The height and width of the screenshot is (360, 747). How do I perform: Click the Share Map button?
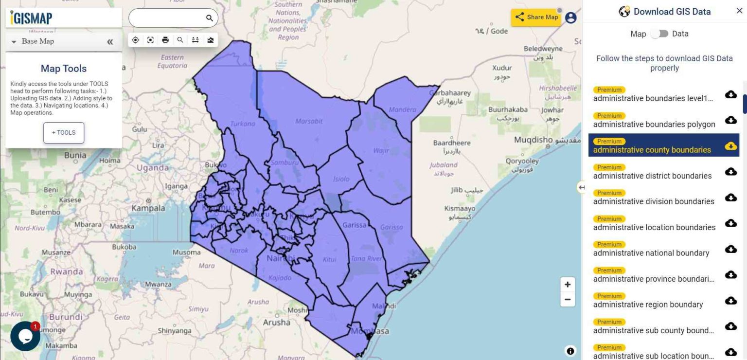coord(536,17)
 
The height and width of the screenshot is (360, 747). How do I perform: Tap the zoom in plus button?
coord(568,285)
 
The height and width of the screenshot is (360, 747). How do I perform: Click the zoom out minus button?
coord(568,300)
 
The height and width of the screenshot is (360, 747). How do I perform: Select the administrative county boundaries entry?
coord(652,150)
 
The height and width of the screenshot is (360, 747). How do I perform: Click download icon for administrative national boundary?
coord(730,249)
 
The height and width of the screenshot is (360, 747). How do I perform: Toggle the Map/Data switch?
coord(659,34)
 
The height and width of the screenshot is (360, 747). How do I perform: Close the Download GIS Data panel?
coord(739,11)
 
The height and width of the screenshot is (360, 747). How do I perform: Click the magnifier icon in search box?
coord(210,18)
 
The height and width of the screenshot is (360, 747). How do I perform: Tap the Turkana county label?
coord(242,124)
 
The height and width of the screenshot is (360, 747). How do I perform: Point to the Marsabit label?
coord(309,121)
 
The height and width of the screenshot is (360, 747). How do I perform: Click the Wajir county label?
coord(381,150)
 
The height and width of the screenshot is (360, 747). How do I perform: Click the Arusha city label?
coord(276,322)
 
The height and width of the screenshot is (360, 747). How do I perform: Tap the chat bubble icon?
coord(25,336)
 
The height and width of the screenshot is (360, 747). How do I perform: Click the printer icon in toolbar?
coord(165,40)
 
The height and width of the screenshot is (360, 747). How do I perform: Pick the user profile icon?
coord(570,18)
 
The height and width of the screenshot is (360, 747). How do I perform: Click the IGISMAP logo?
coord(32,18)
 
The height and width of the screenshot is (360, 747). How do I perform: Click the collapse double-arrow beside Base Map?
coord(110,42)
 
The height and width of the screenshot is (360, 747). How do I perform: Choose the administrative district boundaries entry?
coord(652,176)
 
